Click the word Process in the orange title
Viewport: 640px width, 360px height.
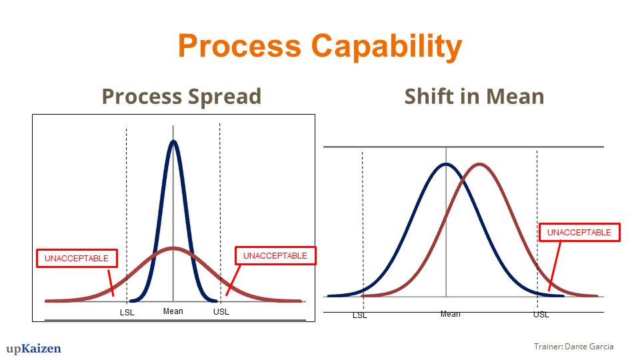[x=239, y=45]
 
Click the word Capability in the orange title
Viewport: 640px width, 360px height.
[x=387, y=47]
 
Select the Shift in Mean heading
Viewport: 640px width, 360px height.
[x=474, y=97]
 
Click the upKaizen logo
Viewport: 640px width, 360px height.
[x=33, y=349]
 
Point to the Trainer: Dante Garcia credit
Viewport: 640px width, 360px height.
[x=573, y=347]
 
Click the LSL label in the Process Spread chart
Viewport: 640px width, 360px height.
[x=127, y=313]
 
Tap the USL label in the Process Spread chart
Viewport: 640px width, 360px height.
[x=221, y=312]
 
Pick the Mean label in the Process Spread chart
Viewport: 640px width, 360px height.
[x=173, y=311]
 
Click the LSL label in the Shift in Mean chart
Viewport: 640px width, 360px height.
[x=359, y=315]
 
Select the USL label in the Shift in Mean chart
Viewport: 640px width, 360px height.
[x=541, y=315]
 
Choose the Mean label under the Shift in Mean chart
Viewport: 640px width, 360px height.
[x=450, y=314]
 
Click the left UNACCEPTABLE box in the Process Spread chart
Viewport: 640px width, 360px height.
[x=77, y=259]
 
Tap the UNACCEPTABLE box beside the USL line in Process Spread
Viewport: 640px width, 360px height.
[x=275, y=255]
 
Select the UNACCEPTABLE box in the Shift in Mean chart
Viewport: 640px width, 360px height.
[x=579, y=232]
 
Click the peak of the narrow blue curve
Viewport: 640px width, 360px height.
[x=173, y=141]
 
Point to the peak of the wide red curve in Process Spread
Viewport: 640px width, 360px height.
[x=173, y=248]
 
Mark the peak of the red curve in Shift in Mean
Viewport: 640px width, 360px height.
[x=480, y=165]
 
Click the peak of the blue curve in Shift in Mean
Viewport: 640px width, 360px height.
[x=446, y=165]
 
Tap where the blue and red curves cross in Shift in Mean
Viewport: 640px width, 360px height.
[x=463, y=179]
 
